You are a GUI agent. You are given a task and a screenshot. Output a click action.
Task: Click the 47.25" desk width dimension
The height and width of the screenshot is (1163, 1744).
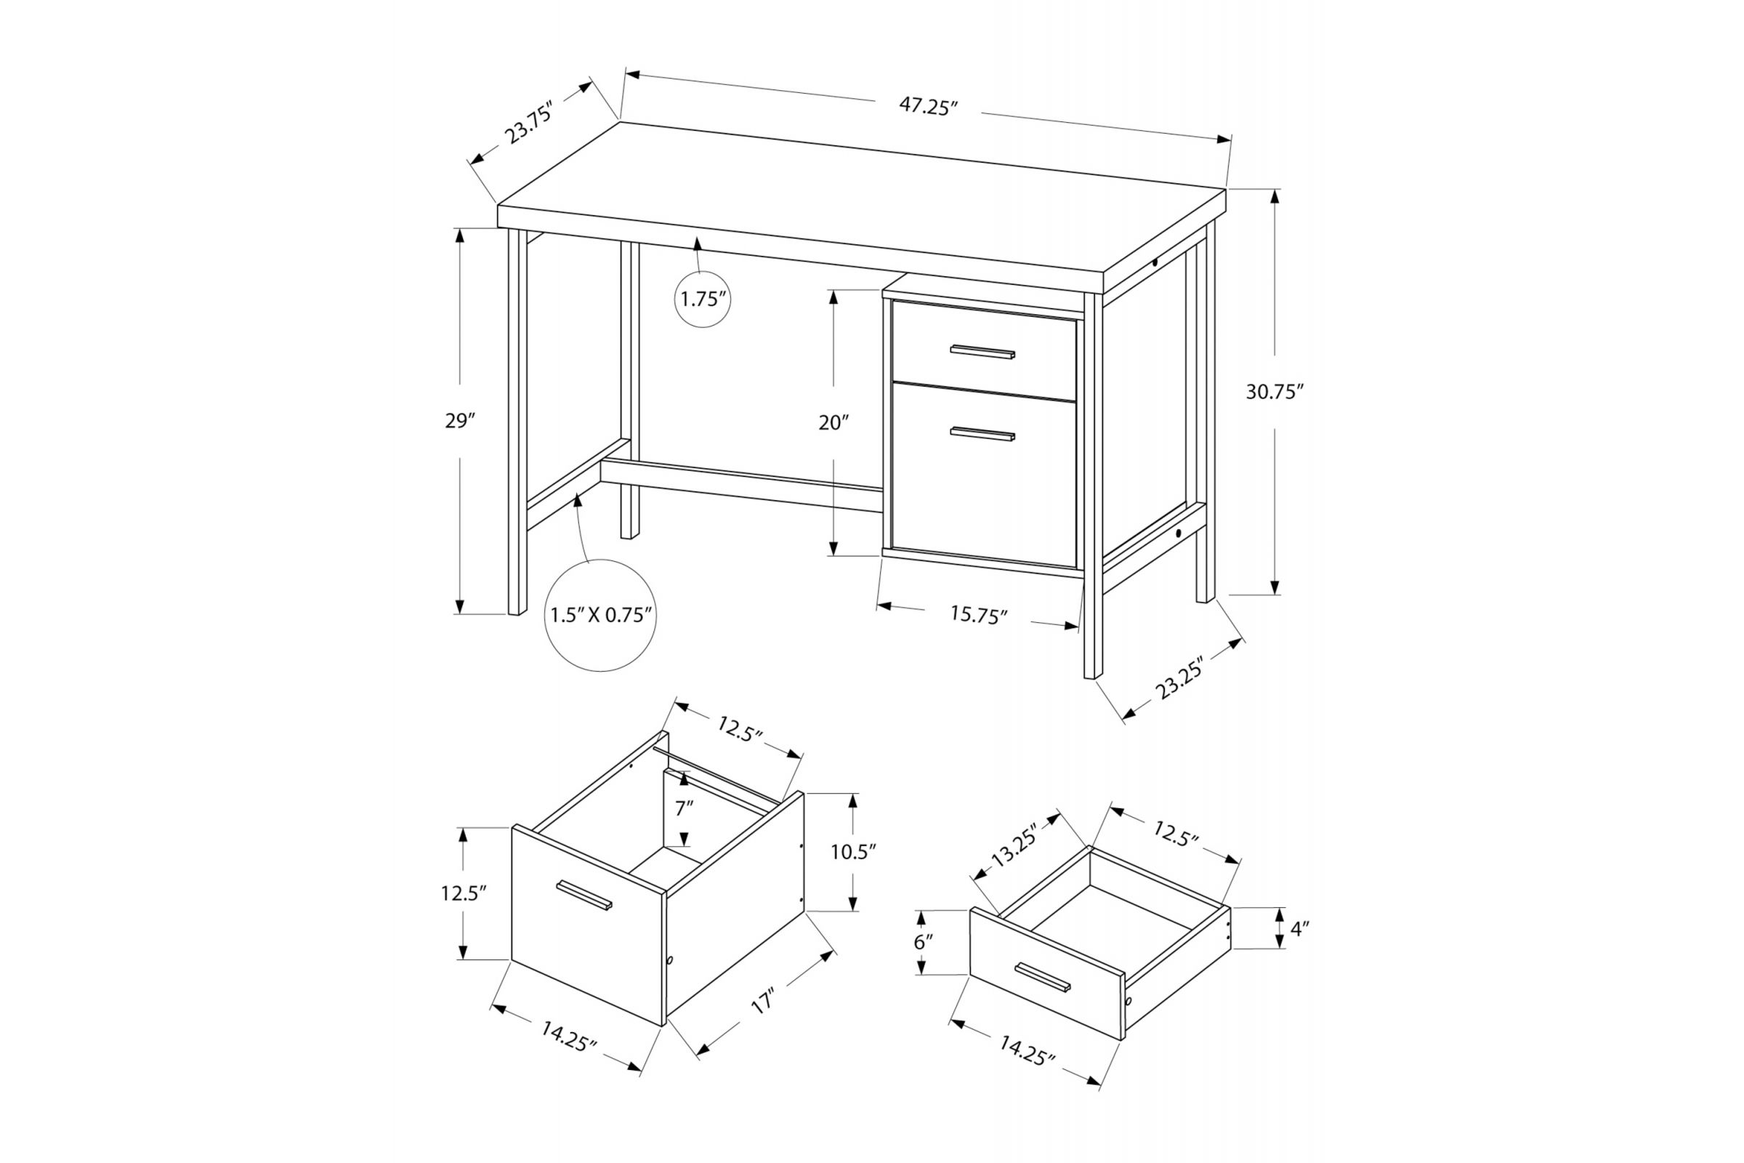click(x=929, y=106)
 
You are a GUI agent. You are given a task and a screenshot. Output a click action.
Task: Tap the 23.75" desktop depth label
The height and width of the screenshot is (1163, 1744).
click(x=530, y=124)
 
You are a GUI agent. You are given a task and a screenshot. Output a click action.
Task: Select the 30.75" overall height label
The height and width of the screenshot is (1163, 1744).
click(x=1274, y=393)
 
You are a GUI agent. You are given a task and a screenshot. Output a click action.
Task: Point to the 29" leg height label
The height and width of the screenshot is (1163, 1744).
click(x=459, y=422)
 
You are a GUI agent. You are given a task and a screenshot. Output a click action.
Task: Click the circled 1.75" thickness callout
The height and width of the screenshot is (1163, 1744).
click(x=701, y=299)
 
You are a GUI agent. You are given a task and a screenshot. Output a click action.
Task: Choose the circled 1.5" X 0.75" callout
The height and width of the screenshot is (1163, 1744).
click(x=600, y=615)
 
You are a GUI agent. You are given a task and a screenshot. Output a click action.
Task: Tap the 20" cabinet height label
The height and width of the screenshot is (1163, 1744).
click(x=833, y=423)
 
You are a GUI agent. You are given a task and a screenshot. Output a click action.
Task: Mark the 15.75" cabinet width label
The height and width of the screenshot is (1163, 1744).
click(x=978, y=615)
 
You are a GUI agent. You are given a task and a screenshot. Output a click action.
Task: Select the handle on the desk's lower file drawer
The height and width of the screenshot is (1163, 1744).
click(x=982, y=435)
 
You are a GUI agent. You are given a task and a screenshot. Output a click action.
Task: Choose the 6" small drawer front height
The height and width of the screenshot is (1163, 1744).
click(x=922, y=943)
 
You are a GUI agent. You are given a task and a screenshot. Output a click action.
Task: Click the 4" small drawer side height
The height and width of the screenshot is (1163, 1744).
click(x=1300, y=929)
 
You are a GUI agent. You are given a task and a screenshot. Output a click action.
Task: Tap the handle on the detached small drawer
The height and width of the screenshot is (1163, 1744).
click(x=1043, y=977)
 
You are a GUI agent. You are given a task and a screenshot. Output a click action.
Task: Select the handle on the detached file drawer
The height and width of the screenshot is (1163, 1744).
click(x=584, y=896)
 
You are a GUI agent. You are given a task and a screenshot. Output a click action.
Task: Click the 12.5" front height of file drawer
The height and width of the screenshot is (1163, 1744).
click(x=463, y=893)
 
